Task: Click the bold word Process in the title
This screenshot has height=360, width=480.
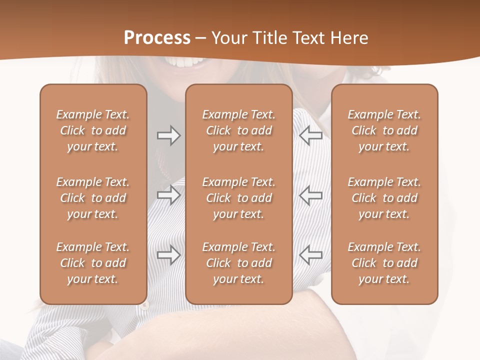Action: coord(157,38)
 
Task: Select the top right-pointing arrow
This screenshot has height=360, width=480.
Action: coord(168,135)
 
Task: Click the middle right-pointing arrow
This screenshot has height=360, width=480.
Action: coord(168,195)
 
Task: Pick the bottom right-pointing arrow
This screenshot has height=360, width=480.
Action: coord(168,255)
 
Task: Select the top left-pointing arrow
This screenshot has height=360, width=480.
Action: coord(310,135)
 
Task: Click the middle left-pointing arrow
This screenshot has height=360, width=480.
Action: coord(310,195)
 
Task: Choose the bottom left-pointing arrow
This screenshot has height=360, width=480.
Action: coord(310,255)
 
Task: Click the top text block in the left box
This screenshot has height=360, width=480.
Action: coord(93,130)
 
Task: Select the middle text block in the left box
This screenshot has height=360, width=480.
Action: coord(93,198)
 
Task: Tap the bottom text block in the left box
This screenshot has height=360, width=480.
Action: coord(93,263)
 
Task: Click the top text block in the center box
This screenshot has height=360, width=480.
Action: coord(238,130)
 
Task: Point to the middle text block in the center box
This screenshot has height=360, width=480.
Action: coord(238,198)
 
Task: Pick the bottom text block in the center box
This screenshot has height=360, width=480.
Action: coord(238,263)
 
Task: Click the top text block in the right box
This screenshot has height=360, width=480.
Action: coord(384,130)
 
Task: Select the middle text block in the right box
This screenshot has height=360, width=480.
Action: coord(384,198)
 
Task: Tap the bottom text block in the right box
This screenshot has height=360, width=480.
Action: coord(384,263)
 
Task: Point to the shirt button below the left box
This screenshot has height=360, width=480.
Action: coord(145,305)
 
